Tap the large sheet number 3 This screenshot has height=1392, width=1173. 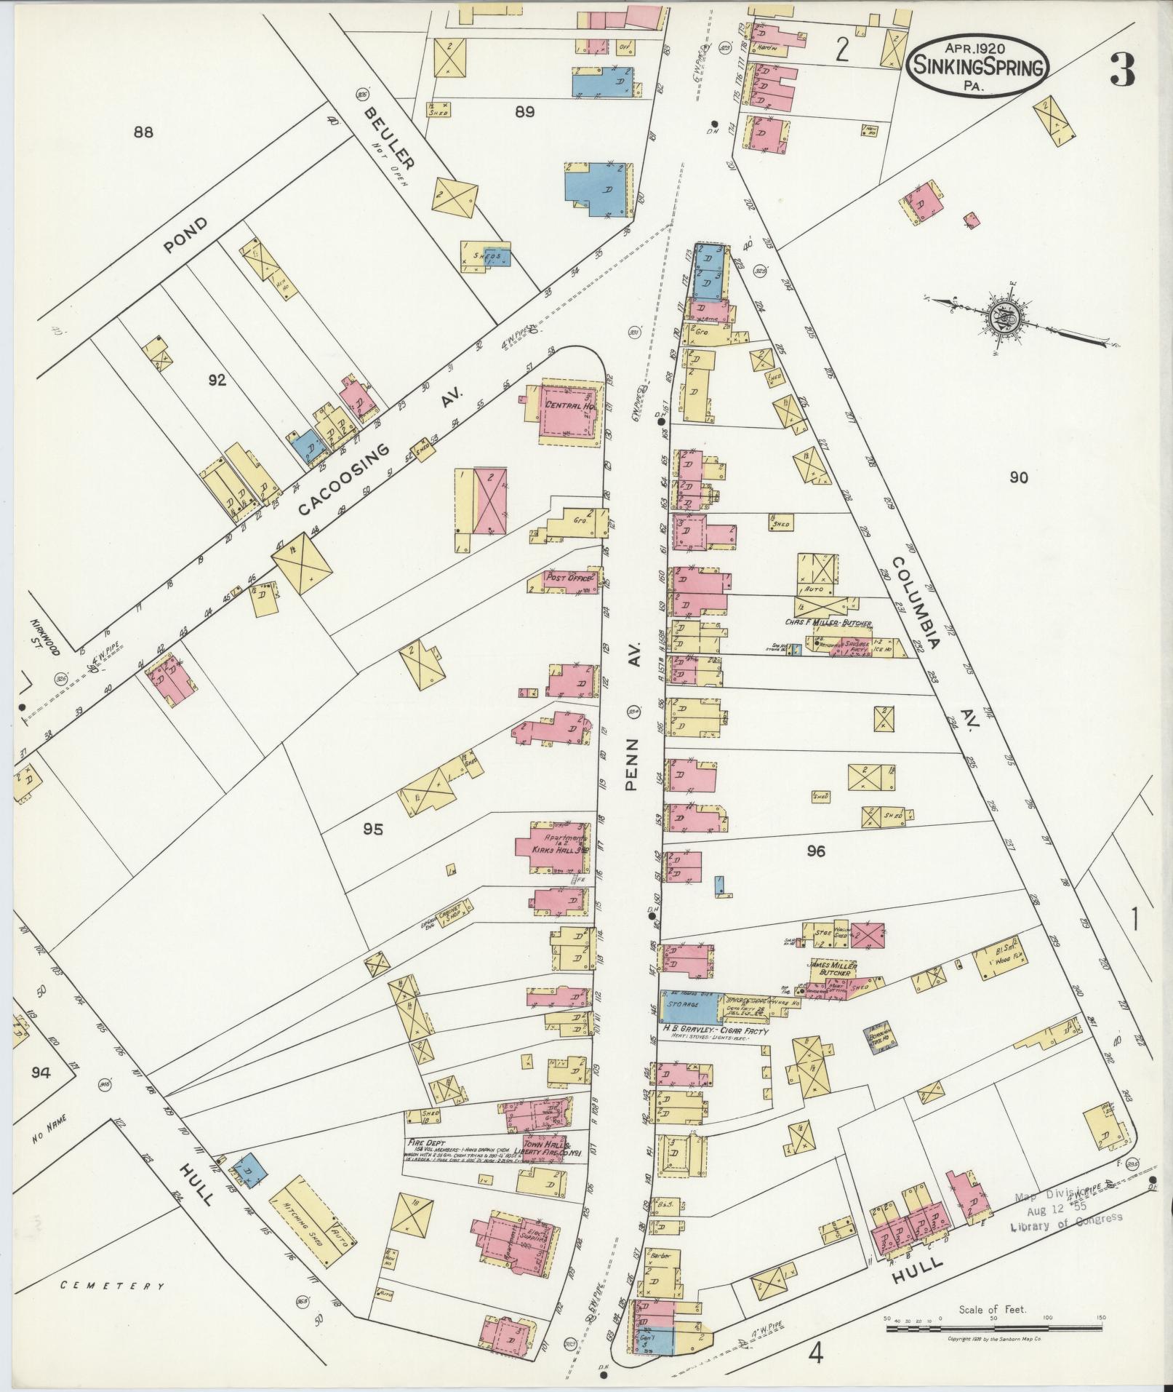pos(1122,71)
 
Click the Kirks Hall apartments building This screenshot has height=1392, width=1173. pos(553,847)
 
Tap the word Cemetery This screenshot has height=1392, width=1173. pos(113,1286)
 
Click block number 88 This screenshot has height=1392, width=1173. pos(144,132)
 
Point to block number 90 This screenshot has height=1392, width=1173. pos(1019,477)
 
